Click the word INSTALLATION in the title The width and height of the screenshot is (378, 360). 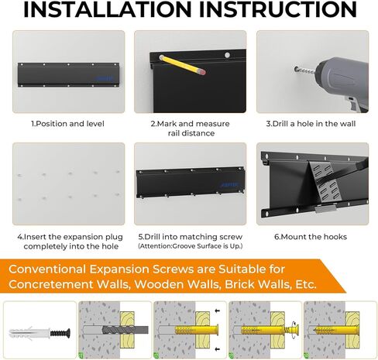point(107,9)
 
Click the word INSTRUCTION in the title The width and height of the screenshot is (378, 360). point(278,9)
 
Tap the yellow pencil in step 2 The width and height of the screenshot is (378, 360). point(182,65)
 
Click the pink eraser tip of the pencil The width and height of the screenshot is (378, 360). point(203,72)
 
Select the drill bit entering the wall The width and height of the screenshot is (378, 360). point(304,70)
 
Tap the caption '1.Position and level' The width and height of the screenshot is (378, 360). point(67,124)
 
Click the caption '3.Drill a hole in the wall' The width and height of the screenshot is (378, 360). point(311,124)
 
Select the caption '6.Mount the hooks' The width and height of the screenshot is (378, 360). point(311,237)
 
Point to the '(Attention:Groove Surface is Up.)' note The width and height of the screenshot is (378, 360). point(191,246)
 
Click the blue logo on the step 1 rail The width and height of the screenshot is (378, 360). point(105,78)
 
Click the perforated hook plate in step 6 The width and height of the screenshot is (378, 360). point(325,183)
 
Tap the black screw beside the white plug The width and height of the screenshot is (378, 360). point(60,332)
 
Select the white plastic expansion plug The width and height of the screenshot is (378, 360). point(29,333)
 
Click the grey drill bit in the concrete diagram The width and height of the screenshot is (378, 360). point(125,330)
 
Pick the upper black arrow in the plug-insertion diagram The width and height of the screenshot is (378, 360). point(218,310)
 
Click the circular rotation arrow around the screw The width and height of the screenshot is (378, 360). point(293,331)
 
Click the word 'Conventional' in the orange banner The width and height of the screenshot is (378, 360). point(46,269)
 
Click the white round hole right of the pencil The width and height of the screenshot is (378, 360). point(227,55)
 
